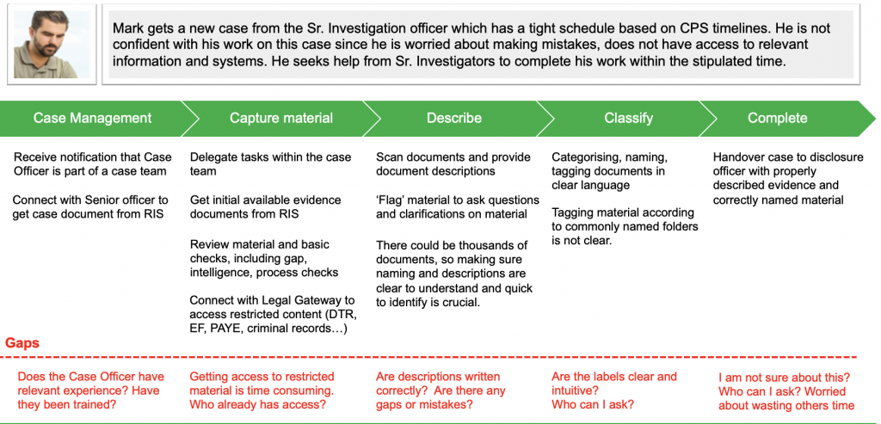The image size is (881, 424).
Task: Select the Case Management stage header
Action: click(x=92, y=118)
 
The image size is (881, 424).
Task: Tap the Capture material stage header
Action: click(x=280, y=118)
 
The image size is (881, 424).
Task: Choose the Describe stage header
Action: click(x=453, y=118)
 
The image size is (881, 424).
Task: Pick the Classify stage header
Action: click(x=628, y=118)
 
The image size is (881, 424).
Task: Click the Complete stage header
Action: click(x=777, y=118)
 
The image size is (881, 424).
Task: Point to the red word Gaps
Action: click(x=22, y=343)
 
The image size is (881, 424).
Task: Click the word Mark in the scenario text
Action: click(x=129, y=28)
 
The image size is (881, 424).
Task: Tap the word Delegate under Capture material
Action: click(x=216, y=157)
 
